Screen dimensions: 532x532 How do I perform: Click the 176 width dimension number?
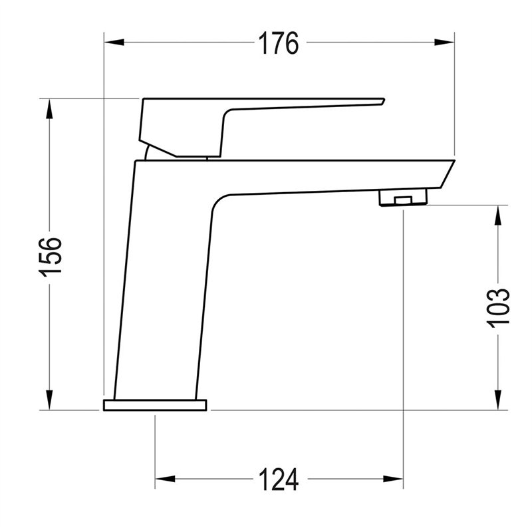[x=279, y=43]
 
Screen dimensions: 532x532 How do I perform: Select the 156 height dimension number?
[x=51, y=257]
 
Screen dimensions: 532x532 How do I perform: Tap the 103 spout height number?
[x=498, y=308]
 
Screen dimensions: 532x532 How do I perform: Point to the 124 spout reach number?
[x=279, y=479]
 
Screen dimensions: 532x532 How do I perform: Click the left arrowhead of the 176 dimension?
[x=114, y=42]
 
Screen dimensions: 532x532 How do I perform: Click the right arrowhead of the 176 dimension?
[x=444, y=42]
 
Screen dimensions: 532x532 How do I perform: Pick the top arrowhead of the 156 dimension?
[x=49, y=108]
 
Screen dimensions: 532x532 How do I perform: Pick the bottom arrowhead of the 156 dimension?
[x=49, y=400]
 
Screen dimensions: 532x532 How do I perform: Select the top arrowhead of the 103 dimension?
[x=497, y=215]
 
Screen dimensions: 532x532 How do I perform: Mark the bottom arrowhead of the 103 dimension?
[x=497, y=400]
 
